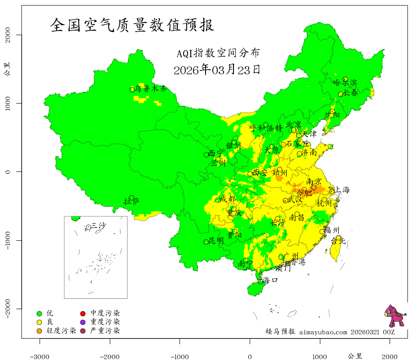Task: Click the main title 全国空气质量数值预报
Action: (x=132, y=25)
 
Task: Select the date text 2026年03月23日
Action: (x=216, y=70)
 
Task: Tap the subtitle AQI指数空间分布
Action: (x=218, y=53)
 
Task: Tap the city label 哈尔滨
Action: (x=345, y=83)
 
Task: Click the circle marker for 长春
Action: (x=341, y=94)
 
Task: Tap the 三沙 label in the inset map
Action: (x=98, y=226)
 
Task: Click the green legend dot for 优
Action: (x=39, y=313)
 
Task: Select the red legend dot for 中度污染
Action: (x=83, y=313)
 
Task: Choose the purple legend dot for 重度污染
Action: (x=83, y=322)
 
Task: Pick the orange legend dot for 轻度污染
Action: (x=39, y=331)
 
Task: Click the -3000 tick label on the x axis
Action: (x=40, y=356)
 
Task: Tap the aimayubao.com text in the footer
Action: (x=323, y=332)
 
